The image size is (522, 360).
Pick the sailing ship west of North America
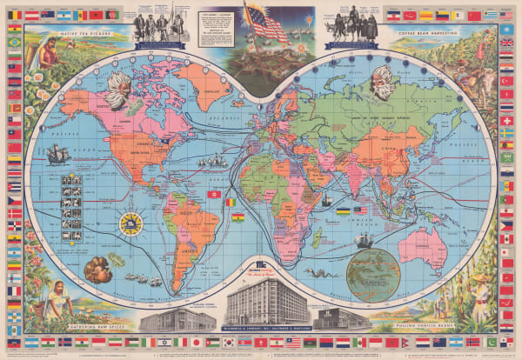coord(57,155)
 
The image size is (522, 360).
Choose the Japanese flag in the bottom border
coord(196,342)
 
